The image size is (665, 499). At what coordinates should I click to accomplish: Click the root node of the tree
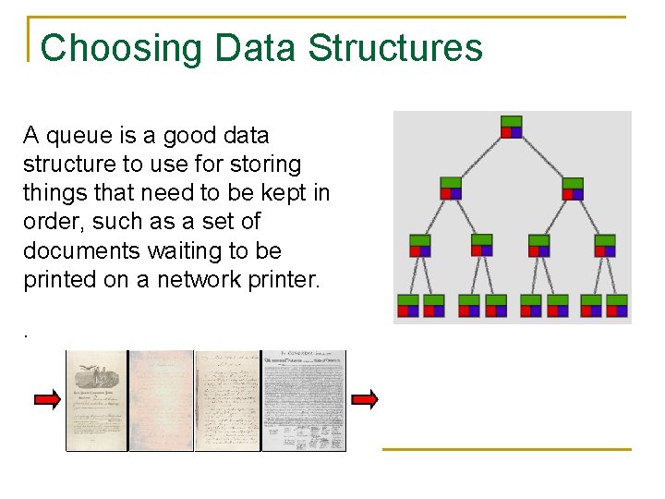[x=511, y=127]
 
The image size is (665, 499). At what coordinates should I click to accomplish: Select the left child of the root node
[x=450, y=188]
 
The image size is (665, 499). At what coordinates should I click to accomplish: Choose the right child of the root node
[x=573, y=189]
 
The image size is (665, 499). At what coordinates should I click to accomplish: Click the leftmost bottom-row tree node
[x=407, y=306]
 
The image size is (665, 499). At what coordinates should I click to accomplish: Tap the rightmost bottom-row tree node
[x=616, y=306]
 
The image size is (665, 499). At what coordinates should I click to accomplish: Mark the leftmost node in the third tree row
[x=420, y=246]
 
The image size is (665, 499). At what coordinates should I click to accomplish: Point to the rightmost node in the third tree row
[x=604, y=246]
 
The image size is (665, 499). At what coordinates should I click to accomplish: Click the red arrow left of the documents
[x=47, y=399]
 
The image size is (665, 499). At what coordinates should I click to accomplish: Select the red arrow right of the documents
[x=365, y=399]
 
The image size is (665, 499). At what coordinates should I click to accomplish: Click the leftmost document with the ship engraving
[x=96, y=400]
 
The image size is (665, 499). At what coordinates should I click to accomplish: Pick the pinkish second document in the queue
[x=161, y=400]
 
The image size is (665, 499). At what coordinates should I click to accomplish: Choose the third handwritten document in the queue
[x=227, y=400]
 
